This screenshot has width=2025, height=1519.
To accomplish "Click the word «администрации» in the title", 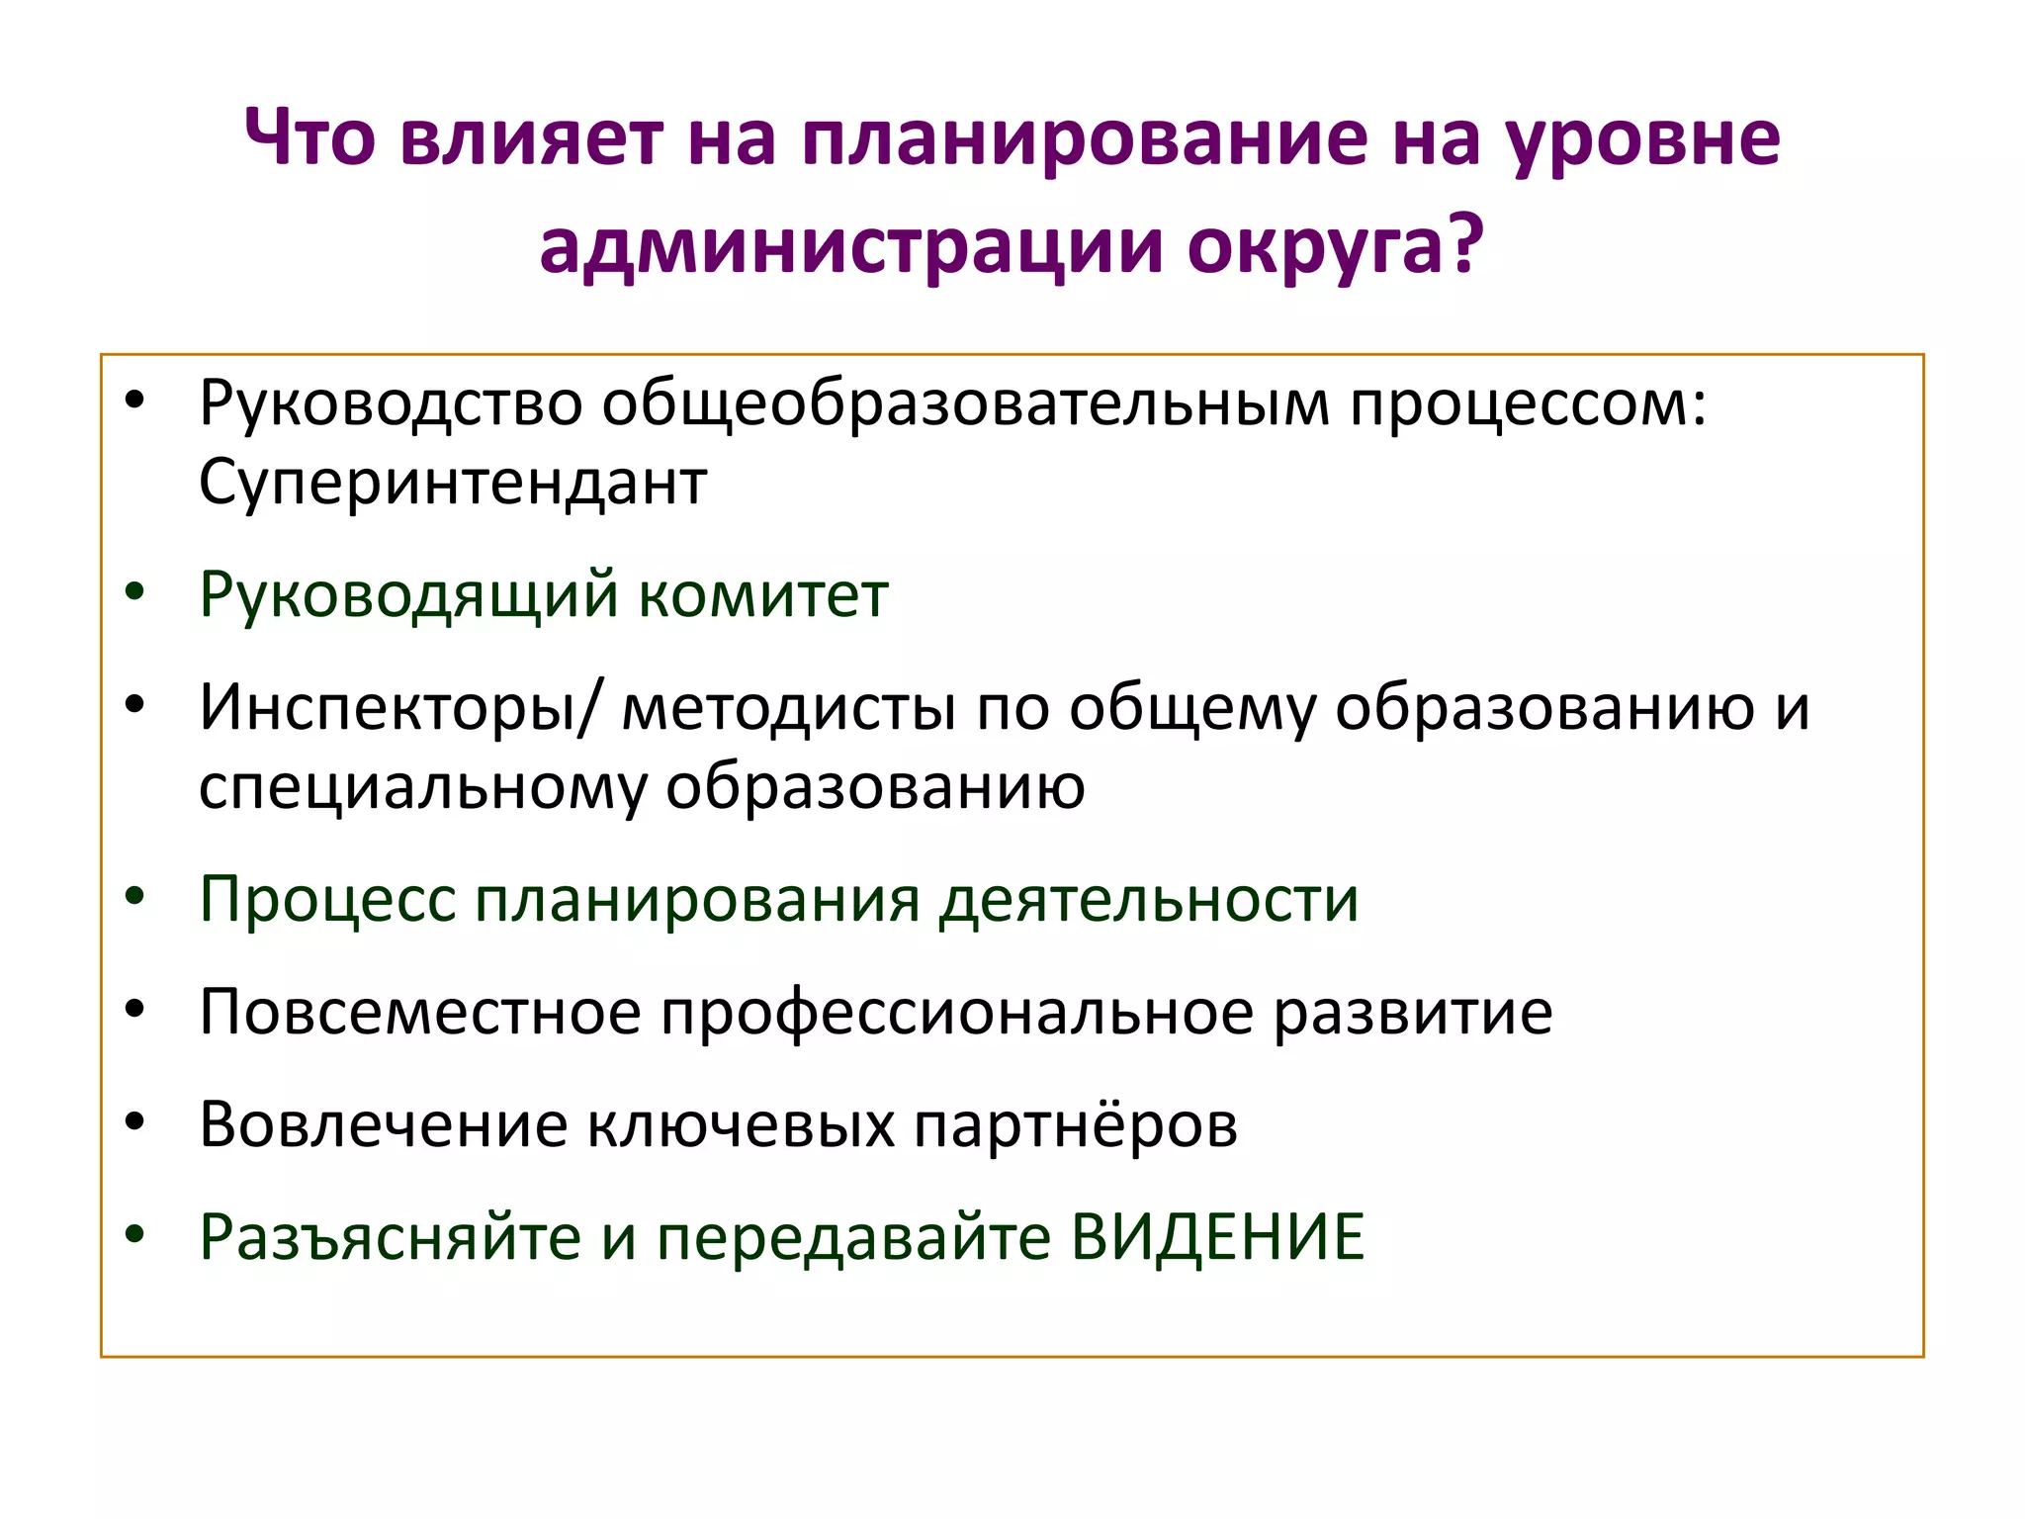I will pos(851,245).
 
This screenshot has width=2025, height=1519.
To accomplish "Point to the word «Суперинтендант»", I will pos(453,483).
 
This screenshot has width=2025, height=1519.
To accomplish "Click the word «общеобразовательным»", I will pos(966,403).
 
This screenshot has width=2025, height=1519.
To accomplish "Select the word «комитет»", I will pos(762,595).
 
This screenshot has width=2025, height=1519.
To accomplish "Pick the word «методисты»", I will pos(788,708).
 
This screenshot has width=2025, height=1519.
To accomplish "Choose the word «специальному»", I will pos(422,787).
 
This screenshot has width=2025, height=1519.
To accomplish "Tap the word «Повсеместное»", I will pos(420,1013).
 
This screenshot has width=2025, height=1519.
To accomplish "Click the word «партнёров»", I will pos(1075,1125).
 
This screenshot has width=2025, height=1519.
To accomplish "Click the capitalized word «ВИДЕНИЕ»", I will pos(1217,1237).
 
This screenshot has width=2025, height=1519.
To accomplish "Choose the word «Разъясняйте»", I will pos(390,1237).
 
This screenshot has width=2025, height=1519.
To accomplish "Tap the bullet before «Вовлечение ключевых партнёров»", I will pos(135,1122).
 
